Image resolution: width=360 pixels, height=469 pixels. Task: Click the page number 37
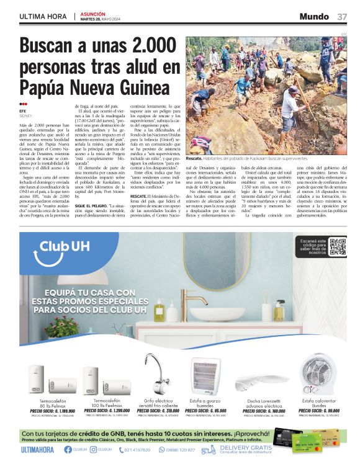pos(342,16)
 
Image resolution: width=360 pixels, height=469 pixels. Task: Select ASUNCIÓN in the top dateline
pos(93,13)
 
